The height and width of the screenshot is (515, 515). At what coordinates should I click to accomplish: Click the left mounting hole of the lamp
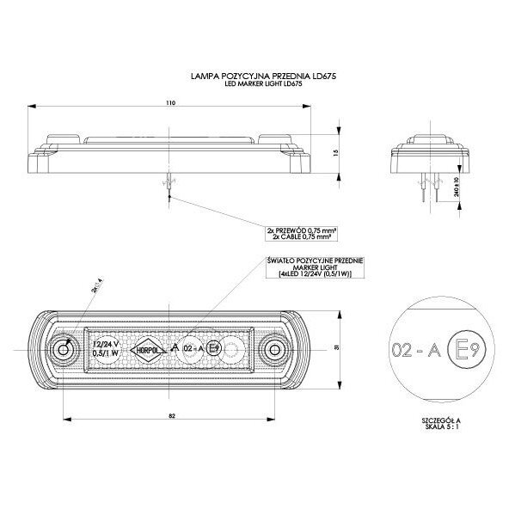click(x=63, y=351)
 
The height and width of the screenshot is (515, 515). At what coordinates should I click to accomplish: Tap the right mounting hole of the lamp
click(x=275, y=349)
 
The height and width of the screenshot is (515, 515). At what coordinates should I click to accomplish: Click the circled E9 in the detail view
click(x=464, y=349)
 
